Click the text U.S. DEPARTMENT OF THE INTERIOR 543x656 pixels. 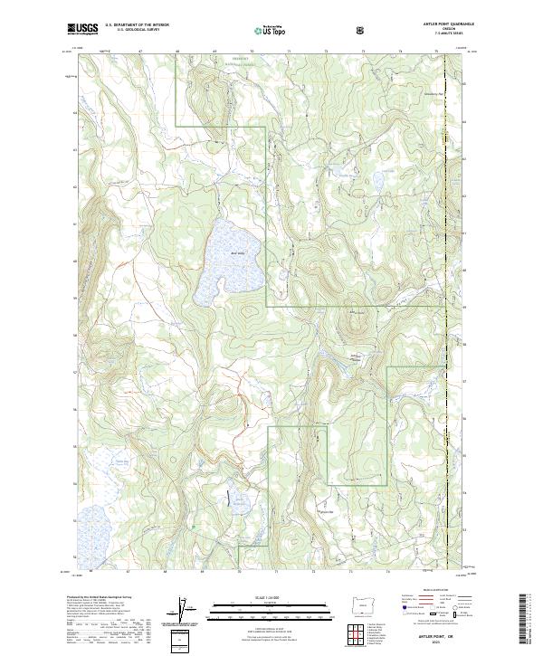pyautogui.click(x=137, y=24)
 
